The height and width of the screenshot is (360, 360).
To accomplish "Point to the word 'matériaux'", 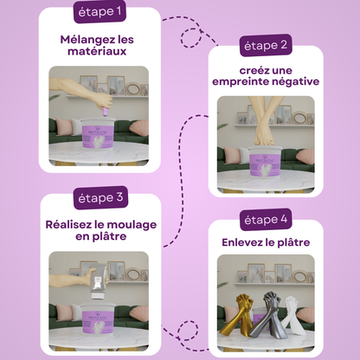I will click(x=97, y=53).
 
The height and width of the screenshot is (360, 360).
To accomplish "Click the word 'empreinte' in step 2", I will click(x=241, y=82).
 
